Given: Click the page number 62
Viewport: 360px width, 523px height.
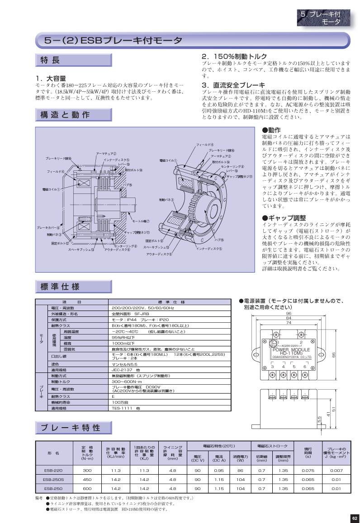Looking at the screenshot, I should (354, 518).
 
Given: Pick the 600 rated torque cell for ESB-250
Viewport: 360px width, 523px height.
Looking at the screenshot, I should (87, 489).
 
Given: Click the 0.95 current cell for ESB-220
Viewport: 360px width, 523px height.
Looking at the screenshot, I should (219, 471).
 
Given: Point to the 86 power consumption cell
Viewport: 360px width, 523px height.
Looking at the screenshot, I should (240, 471).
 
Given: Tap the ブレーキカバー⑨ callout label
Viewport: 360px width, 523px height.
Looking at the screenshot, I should (48, 227).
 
